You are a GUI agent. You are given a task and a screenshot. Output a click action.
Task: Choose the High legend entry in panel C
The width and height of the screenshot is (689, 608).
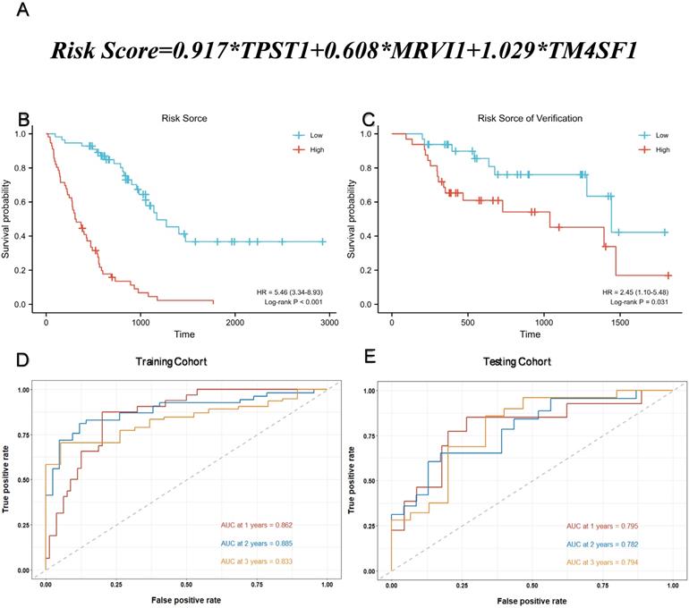point(662,149)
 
